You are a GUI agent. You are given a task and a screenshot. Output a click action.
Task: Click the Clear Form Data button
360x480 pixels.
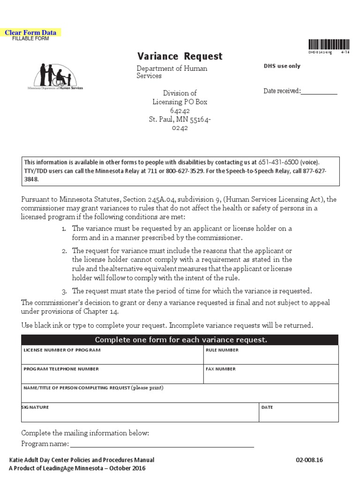coord(30,32)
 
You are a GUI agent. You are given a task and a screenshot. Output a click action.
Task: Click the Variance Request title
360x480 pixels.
coord(180,56)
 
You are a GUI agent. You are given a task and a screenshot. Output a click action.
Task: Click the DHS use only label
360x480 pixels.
coord(282,66)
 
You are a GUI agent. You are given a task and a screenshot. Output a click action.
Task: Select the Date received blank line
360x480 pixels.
coord(319,92)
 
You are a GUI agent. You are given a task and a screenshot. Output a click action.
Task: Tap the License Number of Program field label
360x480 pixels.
coord(62,350)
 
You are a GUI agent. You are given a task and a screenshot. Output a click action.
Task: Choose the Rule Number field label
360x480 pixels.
coord(222,350)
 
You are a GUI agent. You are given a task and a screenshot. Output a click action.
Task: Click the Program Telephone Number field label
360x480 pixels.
coord(61,369)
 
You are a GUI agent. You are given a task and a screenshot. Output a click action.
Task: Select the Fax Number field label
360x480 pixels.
coord(221,369)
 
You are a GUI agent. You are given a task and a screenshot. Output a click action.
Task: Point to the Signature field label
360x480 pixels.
coord(35,407)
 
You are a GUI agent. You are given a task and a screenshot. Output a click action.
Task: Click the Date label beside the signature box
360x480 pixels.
coord(267,407)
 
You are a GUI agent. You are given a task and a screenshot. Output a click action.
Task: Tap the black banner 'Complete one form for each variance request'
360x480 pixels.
coord(181,340)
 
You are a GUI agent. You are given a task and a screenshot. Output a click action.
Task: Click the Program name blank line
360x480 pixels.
coord(162,444)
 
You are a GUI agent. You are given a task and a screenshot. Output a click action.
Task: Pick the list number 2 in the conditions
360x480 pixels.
coord(64,251)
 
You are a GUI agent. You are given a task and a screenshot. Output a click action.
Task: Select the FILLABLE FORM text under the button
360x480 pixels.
coord(30,38)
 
